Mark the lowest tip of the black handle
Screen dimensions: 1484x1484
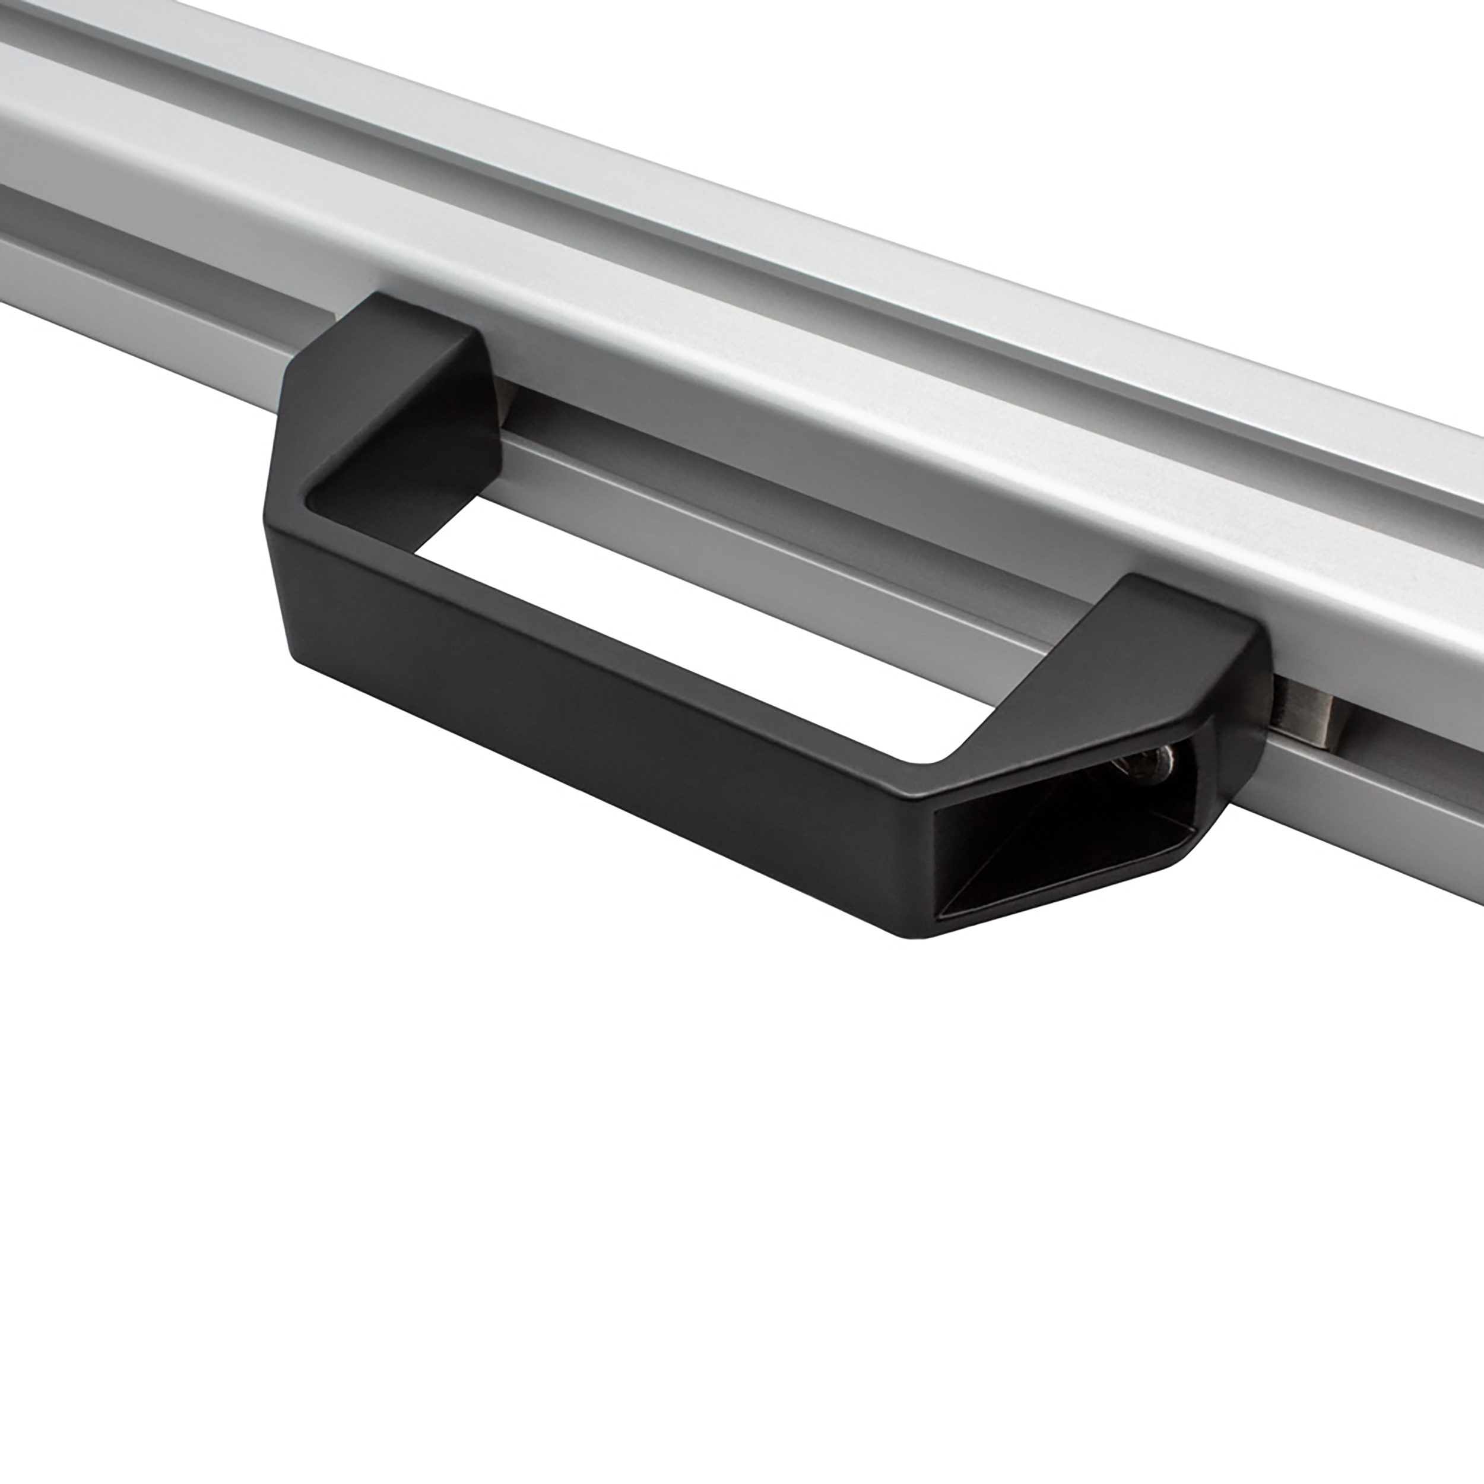point(922,934)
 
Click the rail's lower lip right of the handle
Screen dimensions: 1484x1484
point(1382,814)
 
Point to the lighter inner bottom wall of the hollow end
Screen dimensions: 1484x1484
point(1076,883)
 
